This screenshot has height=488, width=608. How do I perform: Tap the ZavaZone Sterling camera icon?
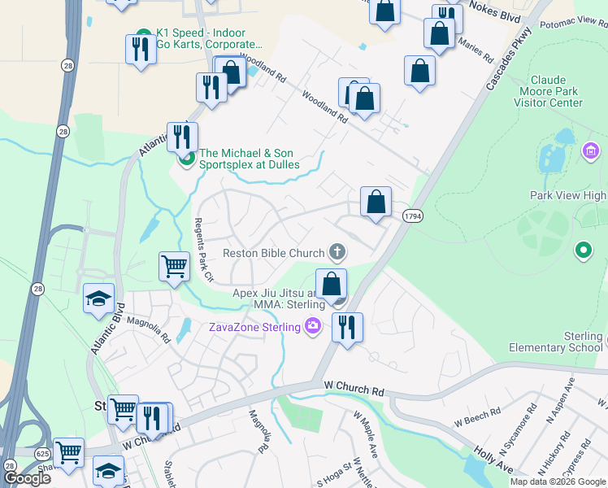(314, 326)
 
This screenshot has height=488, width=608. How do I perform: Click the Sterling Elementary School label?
(562, 342)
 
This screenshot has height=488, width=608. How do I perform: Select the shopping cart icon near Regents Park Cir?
(175, 265)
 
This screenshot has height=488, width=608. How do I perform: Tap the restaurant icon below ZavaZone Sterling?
(347, 327)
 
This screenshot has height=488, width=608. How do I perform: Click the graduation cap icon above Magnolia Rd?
(98, 297)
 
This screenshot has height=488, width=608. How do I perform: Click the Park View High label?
(567, 196)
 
